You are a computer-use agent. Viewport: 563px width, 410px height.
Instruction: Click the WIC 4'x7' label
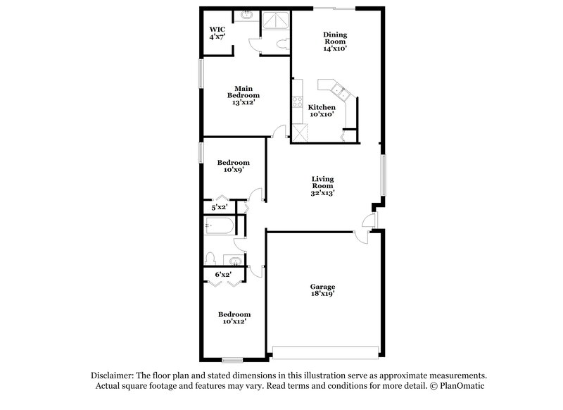click(216, 34)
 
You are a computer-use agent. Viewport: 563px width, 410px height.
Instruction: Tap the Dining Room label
click(335, 41)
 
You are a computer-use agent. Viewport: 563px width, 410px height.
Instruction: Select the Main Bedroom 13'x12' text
click(243, 95)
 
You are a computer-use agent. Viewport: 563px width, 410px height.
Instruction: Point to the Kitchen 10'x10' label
click(322, 111)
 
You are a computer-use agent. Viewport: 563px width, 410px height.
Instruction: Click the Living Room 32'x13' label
click(323, 186)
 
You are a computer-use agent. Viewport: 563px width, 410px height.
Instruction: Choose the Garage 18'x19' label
click(323, 291)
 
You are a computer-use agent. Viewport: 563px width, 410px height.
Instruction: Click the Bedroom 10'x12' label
click(234, 318)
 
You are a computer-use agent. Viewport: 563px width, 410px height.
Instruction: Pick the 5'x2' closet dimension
click(220, 208)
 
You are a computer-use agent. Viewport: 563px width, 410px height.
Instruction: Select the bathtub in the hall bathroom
click(219, 226)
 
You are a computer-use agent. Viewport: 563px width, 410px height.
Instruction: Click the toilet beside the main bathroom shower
click(281, 43)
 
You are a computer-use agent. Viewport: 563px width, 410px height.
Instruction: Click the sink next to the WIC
click(247, 15)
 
